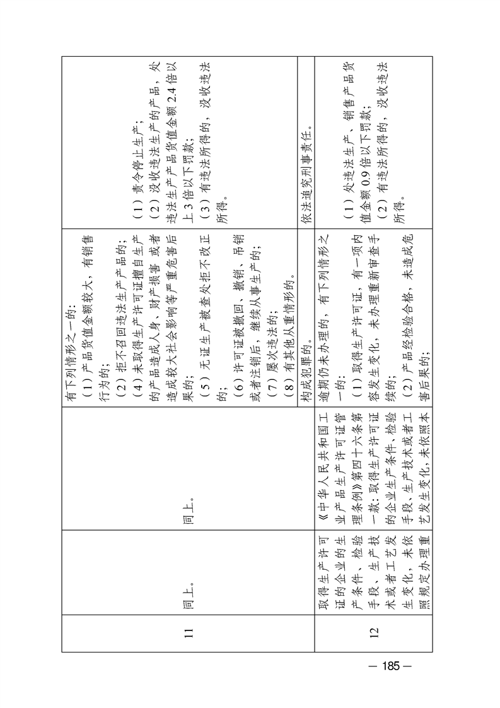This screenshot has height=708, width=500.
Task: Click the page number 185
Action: click(x=390, y=665)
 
